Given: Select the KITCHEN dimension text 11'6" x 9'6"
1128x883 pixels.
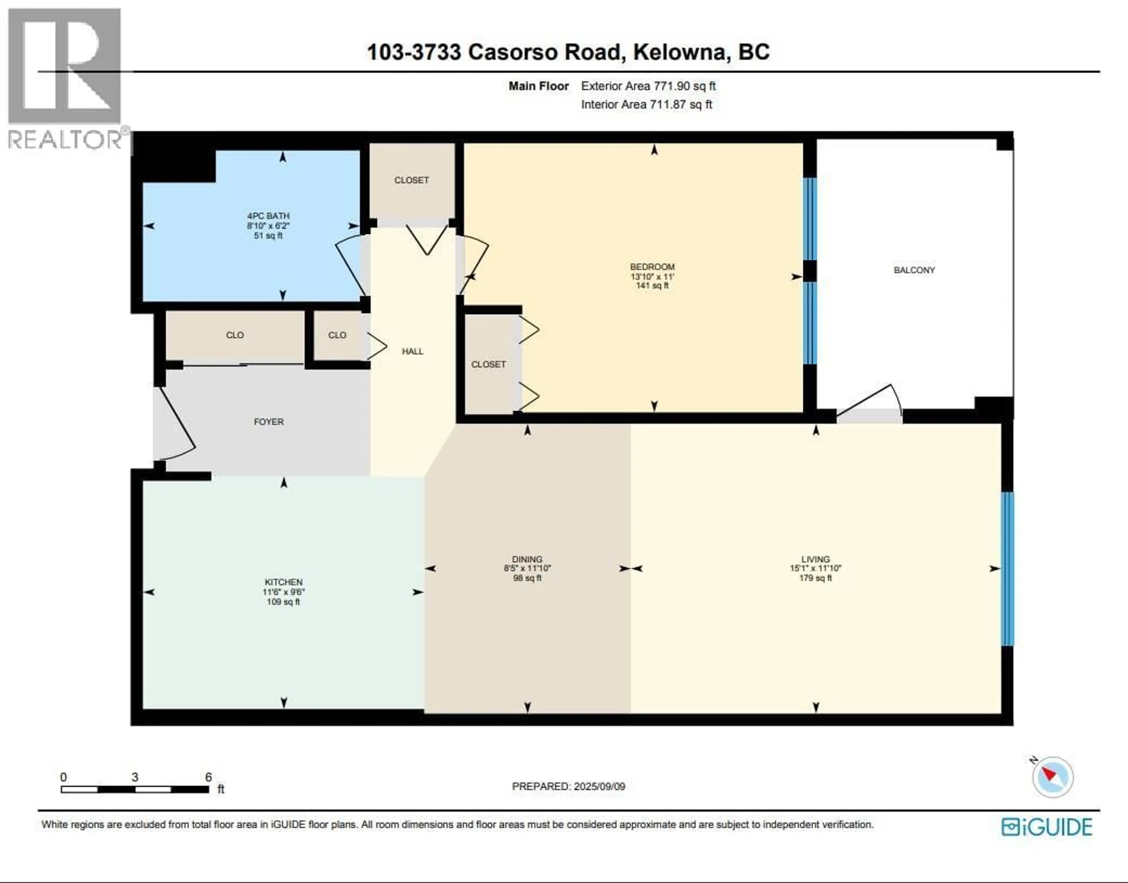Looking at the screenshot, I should [283, 592].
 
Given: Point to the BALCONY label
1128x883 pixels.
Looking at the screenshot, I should [914, 270].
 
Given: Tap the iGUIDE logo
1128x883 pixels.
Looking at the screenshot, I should [1047, 827].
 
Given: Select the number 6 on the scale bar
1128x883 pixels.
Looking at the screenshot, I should [208, 777].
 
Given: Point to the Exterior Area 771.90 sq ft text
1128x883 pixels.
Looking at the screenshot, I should [648, 86].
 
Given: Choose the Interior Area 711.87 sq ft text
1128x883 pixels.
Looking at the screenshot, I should [646, 105].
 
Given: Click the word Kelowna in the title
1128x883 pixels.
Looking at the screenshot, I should [681, 52].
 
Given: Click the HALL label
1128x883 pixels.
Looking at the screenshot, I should [412, 352].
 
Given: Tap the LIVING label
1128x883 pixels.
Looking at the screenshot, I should [815, 559].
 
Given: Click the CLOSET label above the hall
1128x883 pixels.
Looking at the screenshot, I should [412, 180].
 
